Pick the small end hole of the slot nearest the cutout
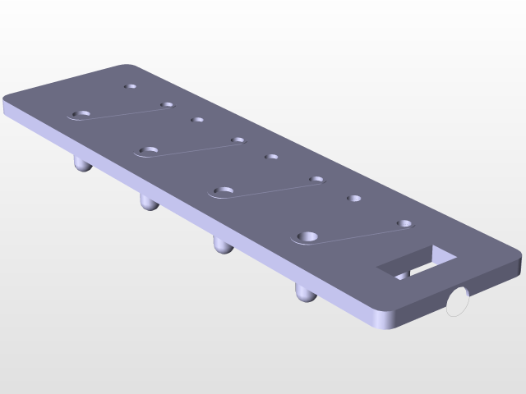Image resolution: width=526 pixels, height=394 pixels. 404,223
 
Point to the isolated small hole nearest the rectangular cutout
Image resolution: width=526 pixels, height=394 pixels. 354,198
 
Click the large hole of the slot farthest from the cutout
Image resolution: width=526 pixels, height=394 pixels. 82,114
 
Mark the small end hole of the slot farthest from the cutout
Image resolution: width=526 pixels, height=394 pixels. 167,105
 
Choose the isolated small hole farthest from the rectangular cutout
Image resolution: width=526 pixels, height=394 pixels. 130,85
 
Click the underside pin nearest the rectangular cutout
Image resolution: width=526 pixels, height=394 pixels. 305,293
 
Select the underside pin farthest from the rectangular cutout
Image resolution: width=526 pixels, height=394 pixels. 81,164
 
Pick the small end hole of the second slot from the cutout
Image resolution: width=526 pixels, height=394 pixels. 316,179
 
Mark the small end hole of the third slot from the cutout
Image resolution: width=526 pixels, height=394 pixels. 238,140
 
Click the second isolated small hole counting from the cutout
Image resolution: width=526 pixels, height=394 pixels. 271,156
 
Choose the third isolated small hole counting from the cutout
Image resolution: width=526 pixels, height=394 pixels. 197,120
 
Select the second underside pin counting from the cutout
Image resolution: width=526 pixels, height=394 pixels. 222,244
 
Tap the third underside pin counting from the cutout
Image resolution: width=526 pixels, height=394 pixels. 149,201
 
